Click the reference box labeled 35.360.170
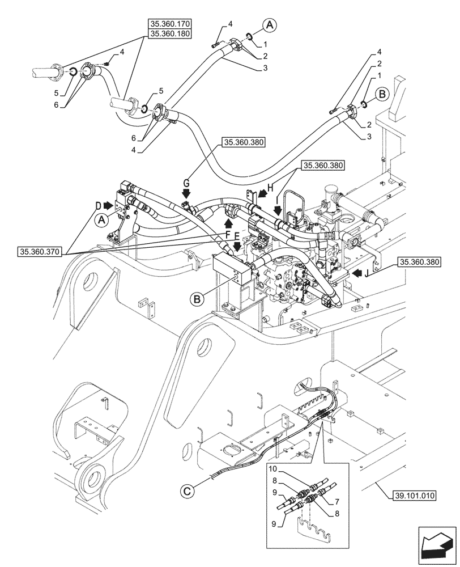pyautogui.click(x=171, y=24)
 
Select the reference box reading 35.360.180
pyautogui.click(x=171, y=34)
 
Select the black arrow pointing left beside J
pyautogui.click(x=357, y=273)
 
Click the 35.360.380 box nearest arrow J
pyautogui.click(x=420, y=262)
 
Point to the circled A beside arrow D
pyautogui.click(x=102, y=220)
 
